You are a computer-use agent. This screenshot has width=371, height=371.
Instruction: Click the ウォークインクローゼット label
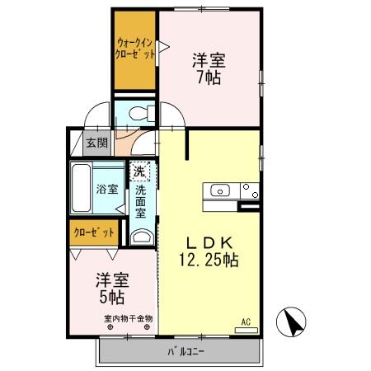[134, 49]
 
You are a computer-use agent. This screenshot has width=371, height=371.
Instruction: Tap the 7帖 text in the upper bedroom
[209, 78]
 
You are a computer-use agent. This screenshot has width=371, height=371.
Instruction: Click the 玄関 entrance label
[96, 143]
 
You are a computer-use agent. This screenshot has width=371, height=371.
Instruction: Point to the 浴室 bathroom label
[107, 188]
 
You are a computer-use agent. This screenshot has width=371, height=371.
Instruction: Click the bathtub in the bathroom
[82, 188]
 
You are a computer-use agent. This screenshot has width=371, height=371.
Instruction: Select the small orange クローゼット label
[92, 233]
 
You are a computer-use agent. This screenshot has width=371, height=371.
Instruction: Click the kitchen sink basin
[220, 191]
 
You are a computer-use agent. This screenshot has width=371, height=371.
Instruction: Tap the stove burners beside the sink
[249, 191]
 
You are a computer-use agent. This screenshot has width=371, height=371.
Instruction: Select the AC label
[246, 320]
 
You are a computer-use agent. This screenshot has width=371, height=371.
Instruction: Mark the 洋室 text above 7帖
[209, 60]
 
